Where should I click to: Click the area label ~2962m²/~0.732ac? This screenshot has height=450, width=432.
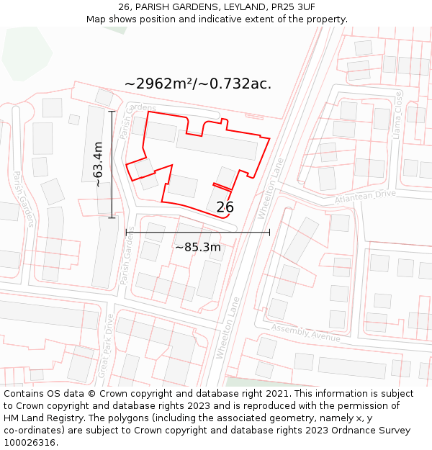pos(198,84)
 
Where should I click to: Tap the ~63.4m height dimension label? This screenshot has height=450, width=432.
pos(98,164)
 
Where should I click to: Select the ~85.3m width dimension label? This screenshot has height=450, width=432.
pos(198,248)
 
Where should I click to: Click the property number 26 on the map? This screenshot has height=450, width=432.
pos(225,207)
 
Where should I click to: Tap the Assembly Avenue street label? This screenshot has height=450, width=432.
pos(306,333)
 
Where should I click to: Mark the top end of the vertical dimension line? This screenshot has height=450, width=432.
pos(112,112)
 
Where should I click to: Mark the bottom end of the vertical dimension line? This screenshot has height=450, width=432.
pos(112,217)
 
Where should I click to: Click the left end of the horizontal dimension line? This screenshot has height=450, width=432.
pos(126,232)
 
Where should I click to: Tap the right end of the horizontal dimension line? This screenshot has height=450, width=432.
pos(270,232)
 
